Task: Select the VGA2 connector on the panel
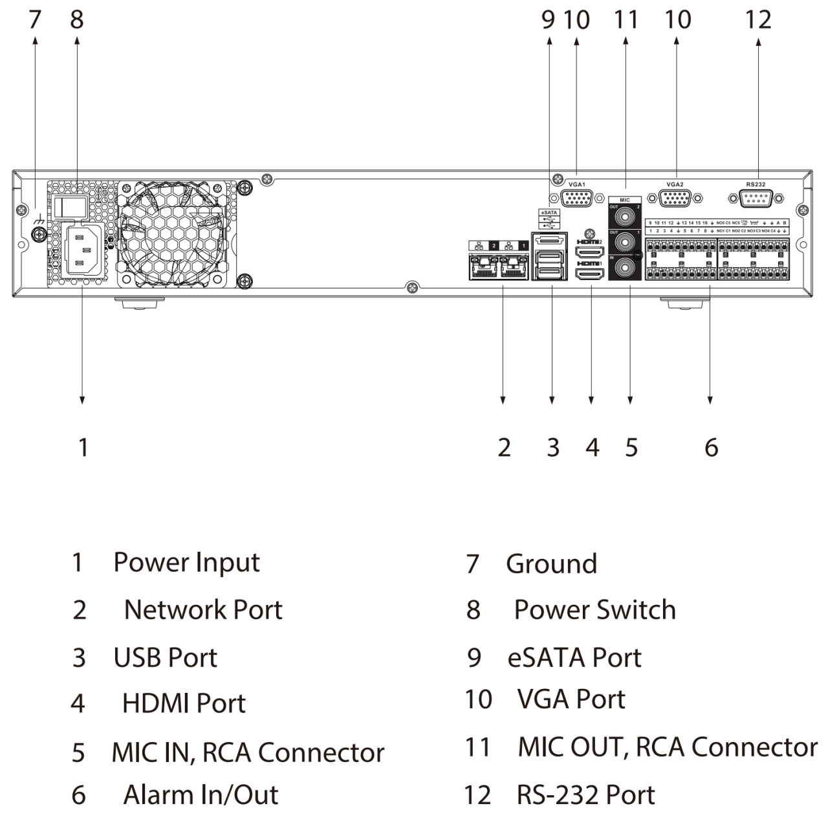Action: (x=675, y=198)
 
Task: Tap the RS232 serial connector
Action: (x=755, y=198)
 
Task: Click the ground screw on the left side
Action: (x=39, y=234)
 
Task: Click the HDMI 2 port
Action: (x=589, y=252)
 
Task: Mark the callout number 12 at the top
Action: (x=758, y=19)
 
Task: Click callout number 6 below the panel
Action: (x=711, y=447)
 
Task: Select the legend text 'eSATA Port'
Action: (x=574, y=657)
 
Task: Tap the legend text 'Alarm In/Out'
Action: (x=201, y=794)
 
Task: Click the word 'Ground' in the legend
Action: (x=551, y=563)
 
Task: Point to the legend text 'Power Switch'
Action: (x=594, y=609)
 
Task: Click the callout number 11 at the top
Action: (x=626, y=19)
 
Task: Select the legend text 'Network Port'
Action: (x=203, y=609)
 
